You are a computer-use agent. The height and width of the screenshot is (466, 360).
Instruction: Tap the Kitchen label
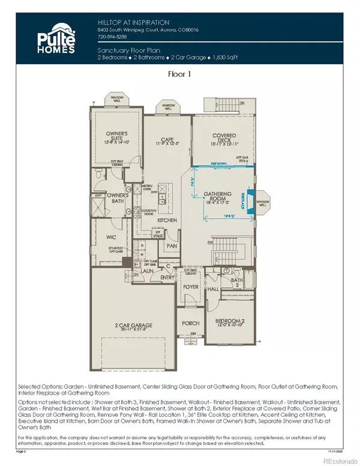pos(166,221)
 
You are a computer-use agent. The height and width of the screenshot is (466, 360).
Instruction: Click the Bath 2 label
pos(236,280)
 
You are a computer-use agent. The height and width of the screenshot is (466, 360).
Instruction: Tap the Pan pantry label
pos(171,246)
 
